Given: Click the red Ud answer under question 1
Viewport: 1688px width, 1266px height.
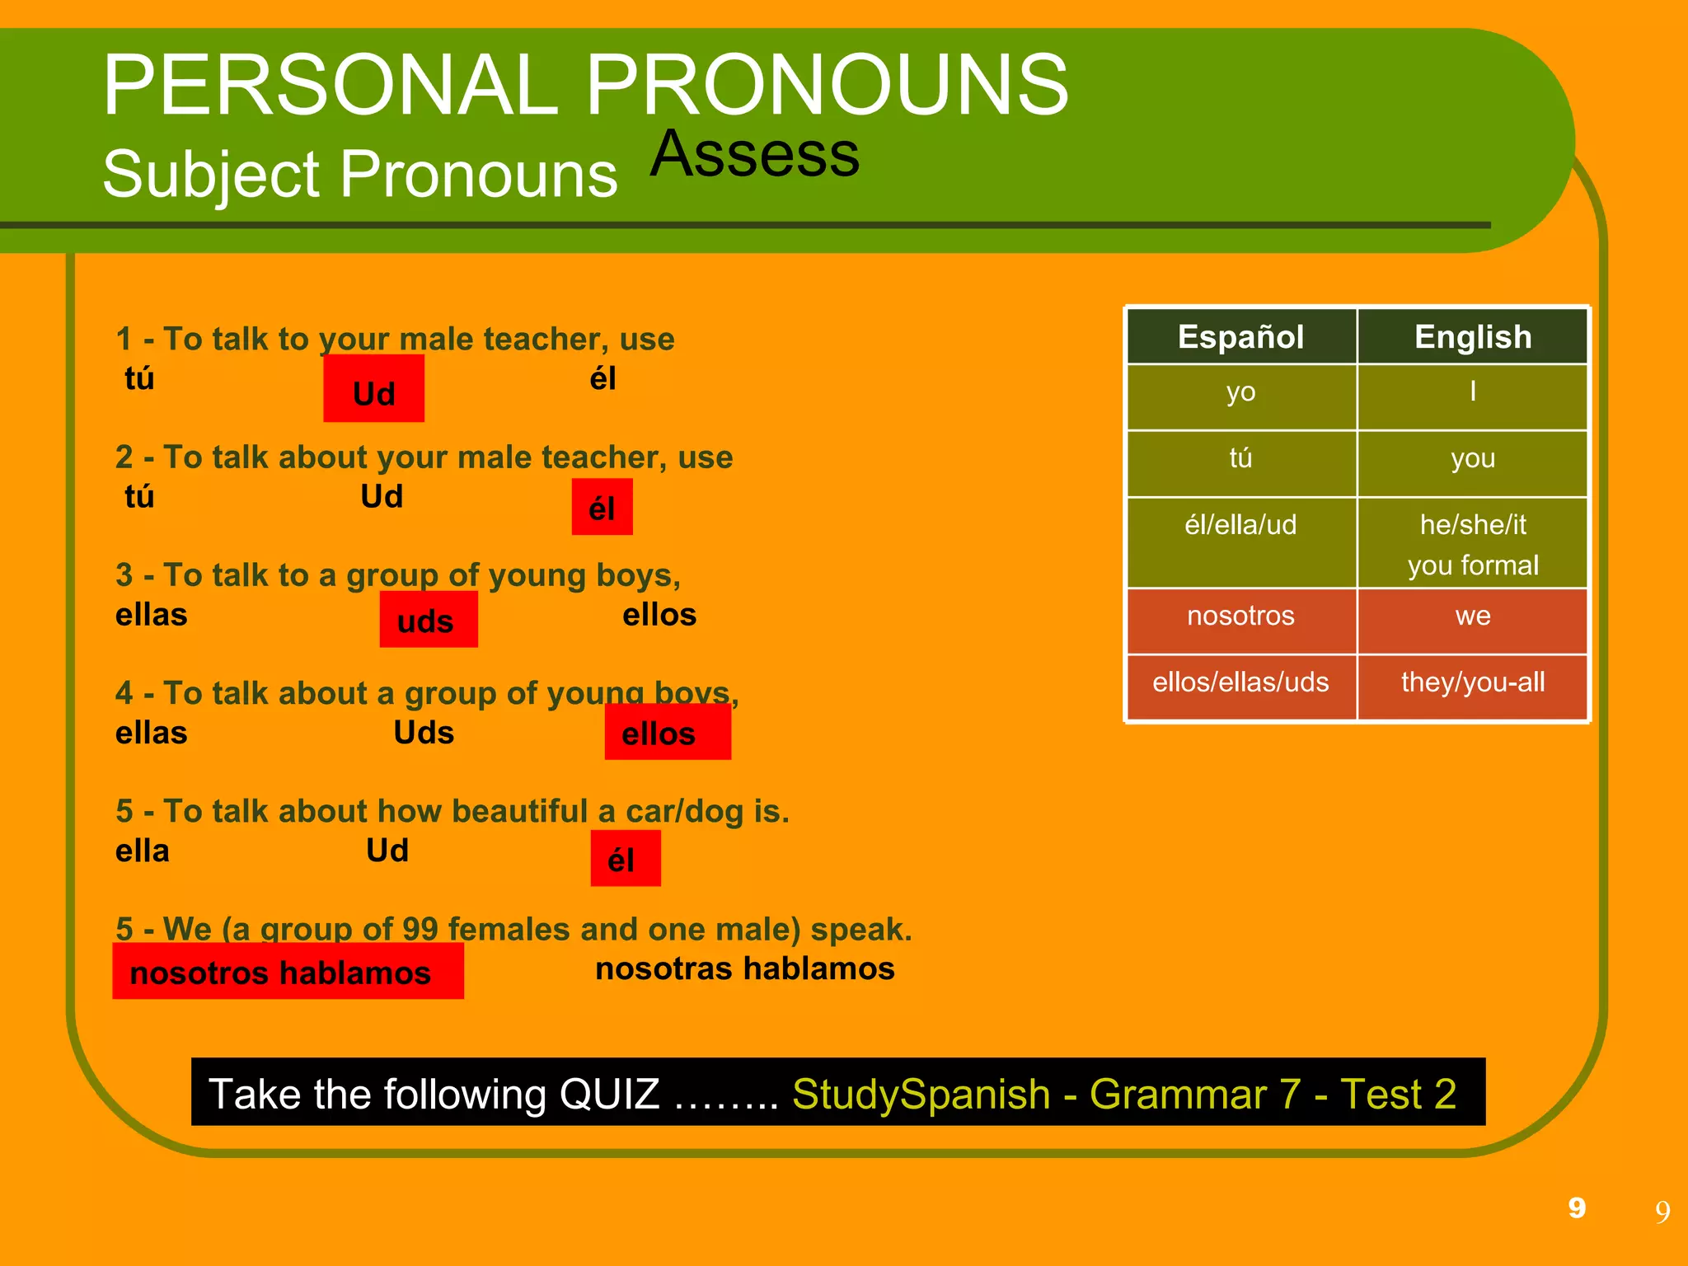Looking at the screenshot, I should click(x=373, y=389).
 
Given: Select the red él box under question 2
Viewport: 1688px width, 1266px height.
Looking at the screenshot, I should click(x=603, y=507).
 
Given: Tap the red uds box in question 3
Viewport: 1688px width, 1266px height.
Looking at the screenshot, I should click(x=428, y=620).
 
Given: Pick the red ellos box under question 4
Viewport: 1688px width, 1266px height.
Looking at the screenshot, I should click(x=667, y=732).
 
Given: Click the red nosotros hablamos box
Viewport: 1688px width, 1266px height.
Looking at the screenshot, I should click(x=288, y=972).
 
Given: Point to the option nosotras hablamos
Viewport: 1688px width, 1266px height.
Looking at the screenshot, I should click(x=744, y=968).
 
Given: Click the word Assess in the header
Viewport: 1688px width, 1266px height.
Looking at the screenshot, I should click(x=754, y=154).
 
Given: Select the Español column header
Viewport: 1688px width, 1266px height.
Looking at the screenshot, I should click(x=1240, y=336).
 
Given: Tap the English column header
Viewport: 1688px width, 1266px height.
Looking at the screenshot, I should click(x=1472, y=336).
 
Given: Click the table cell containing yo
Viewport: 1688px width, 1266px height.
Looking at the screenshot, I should click(x=1240, y=392).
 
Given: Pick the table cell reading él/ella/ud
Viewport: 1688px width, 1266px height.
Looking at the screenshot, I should click(x=1240, y=525).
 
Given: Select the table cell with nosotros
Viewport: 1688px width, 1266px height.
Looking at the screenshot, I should click(x=1240, y=616).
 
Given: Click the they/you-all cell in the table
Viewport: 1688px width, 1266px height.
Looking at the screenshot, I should click(x=1472, y=682).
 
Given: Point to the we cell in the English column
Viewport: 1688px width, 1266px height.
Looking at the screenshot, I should click(x=1472, y=616).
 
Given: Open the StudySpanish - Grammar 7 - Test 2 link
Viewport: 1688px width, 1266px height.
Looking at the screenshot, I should click(x=1123, y=1094).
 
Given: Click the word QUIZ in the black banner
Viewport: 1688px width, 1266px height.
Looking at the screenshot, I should click(x=609, y=1094).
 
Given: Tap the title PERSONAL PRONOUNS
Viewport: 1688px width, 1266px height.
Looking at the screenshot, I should click(x=585, y=85).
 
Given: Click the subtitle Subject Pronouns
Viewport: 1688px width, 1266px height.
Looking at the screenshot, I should click(x=359, y=175).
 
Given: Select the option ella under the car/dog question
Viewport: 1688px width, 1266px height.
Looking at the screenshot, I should click(x=143, y=851).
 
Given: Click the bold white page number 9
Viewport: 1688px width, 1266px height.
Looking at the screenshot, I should click(x=1577, y=1207).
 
